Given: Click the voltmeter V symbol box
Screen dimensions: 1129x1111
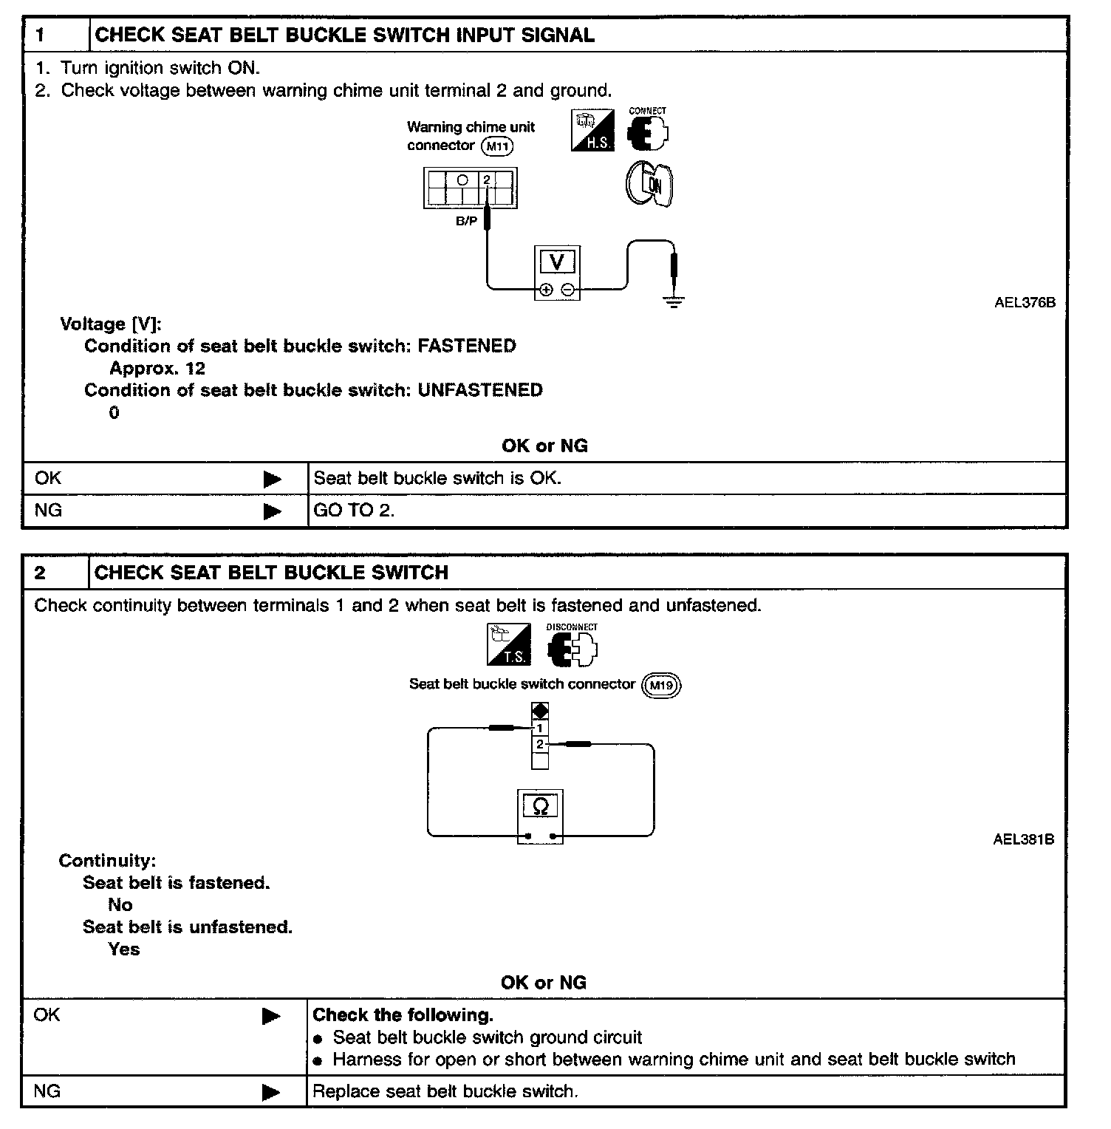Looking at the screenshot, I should (557, 262).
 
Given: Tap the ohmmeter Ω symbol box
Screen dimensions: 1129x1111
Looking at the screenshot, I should (540, 805).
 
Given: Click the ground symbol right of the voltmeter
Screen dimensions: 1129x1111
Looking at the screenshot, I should (674, 301).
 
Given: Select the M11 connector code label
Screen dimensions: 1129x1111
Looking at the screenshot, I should (497, 146).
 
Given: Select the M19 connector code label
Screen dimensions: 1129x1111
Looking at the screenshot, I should (660, 686).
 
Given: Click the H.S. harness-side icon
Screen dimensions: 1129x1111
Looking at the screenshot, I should (592, 131).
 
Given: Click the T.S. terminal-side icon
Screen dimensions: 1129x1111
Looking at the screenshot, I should (509, 645).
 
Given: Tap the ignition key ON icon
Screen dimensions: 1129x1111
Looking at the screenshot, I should (649, 184).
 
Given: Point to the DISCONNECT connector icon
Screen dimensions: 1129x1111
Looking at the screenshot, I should (572, 649).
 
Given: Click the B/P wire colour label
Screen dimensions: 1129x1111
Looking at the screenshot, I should (466, 220).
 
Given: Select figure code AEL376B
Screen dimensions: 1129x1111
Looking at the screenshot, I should (1025, 302).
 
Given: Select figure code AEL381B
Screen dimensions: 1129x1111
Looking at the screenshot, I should (1023, 839).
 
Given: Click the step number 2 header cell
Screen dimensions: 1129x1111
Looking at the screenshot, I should (55, 573).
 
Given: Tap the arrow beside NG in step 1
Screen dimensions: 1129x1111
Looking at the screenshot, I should (273, 511).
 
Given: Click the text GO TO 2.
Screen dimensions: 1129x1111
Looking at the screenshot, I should (354, 511).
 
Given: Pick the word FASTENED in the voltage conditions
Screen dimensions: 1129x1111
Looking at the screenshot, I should (467, 346).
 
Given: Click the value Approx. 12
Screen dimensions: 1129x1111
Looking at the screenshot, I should (157, 368).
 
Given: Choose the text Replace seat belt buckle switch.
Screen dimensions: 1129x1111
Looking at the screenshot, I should (445, 1091).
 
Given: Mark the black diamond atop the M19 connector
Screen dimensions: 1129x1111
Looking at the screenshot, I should (540, 711).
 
